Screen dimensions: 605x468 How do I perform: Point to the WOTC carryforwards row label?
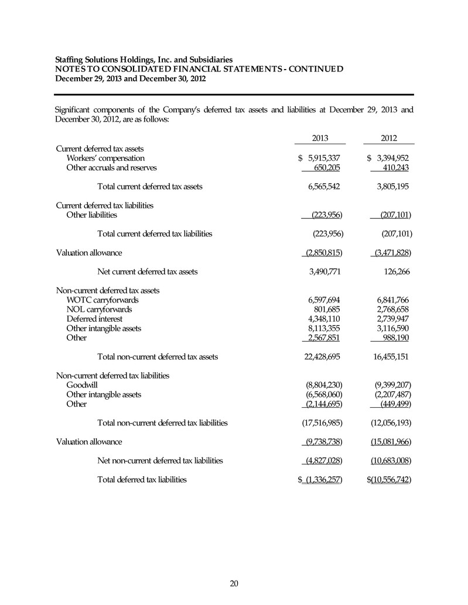click(103, 300)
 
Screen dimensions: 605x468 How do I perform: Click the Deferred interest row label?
click(94, 319)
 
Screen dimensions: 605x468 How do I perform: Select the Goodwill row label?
click(82, 384)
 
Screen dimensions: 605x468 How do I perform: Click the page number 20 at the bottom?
click(234, 583)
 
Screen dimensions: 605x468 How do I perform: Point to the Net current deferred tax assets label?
click(147, 271)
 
